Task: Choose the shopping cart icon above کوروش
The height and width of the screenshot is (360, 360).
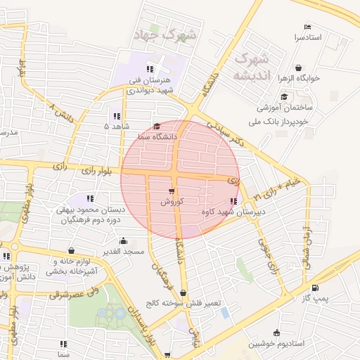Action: click(x=172, y=191)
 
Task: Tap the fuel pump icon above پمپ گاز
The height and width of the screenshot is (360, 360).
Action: click(x=314, y=287)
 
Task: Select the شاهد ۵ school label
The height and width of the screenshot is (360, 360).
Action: click(x=117, y=127)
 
